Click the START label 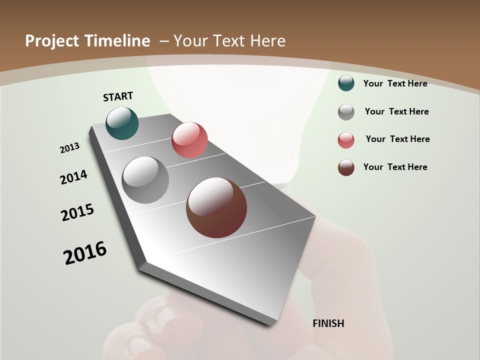coord(118,96)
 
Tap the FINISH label coord(328,323)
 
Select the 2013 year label coord(70,148)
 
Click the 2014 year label coord(74,177)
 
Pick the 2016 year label coord(85,253)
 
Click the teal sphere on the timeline coord(122,123)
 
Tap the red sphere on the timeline coord(189,140)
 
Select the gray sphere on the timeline coord(145,180)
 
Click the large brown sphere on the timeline coord(216,207)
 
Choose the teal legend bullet coord(346,83)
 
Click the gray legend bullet coord(346,112)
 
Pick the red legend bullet coord(346,140)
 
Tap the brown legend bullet coord(346,167)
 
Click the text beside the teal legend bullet coord(395,83)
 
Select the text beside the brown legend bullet coord(395,167)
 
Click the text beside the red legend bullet coord(397,139)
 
